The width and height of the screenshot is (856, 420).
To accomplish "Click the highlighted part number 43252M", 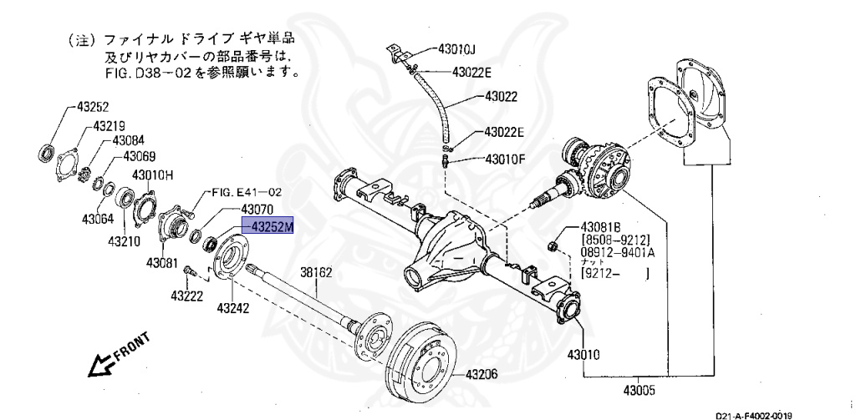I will (x=268, y=225).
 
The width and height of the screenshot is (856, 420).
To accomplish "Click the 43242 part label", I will (x=232, y=307).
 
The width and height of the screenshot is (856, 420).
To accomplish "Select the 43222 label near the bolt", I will (x=186, y=296).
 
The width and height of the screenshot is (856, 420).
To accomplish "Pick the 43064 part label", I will (x=99, y=220).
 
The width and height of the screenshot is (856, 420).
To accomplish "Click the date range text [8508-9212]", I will (x=618, y=239).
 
